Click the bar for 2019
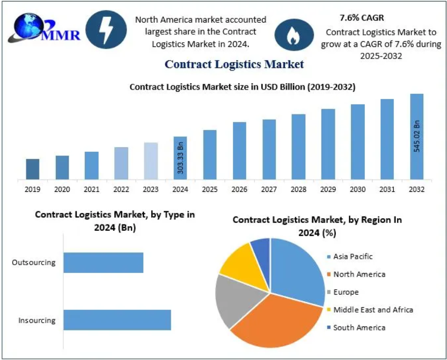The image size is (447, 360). (x=33, y=169)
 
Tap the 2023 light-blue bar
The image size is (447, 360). (x=151, y=160)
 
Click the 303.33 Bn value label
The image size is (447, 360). (x=180, y=158)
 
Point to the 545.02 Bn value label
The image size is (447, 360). (x=416, y=137)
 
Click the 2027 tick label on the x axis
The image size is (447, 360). (x=269, y=189)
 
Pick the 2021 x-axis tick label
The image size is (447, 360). (x=92, y=189)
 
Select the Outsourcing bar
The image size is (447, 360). (x=103, y=262)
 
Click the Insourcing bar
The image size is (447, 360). (x=117, y=320)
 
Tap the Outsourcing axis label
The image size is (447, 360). (x=33, y=262)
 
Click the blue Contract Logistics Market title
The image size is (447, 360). (x=234, y=64)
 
